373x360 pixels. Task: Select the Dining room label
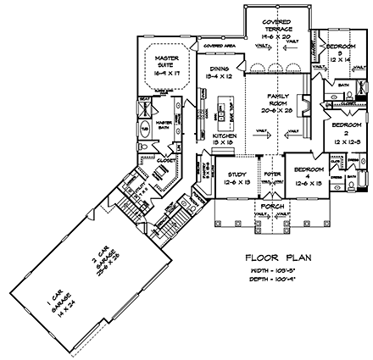coord(223,74)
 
